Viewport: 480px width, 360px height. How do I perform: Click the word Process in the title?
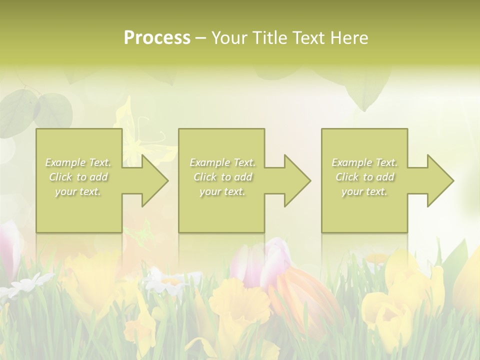(x=157, y=38)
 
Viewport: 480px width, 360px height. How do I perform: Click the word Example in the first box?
(x=65, y=162)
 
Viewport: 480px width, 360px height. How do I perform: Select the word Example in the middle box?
(x=209, y=162)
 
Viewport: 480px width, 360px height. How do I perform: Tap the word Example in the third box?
(x=351, y=162)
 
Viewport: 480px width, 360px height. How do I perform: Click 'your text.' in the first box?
(x=78, y=191)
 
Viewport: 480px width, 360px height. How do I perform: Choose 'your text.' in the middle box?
(x=222, y=191)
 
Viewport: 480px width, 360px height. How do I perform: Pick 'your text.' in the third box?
(x=364, y=191)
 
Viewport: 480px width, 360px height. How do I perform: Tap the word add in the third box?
(x=385, y=177)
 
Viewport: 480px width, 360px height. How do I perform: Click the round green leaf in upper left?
(x=52, y=110)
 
